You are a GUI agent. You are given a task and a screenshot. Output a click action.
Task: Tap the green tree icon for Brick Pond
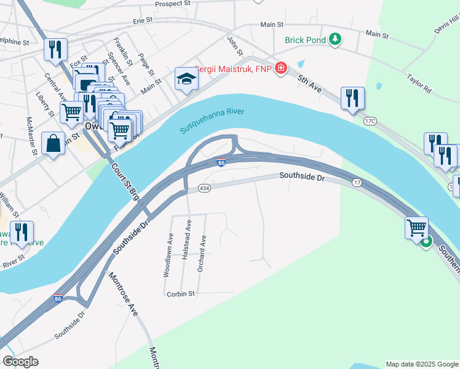[x=335, y=40]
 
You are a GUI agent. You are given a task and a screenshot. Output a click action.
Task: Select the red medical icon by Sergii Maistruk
[x=281, y=68]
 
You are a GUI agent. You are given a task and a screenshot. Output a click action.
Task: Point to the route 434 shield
[x=205, y=188]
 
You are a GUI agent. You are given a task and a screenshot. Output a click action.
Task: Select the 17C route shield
[x=370, y=122]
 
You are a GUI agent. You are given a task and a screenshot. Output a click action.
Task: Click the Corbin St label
[x=180, y=294]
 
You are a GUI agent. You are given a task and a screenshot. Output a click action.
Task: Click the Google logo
[x=21, y=362]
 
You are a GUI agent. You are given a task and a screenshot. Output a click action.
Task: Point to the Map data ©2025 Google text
[x=421, y=364]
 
